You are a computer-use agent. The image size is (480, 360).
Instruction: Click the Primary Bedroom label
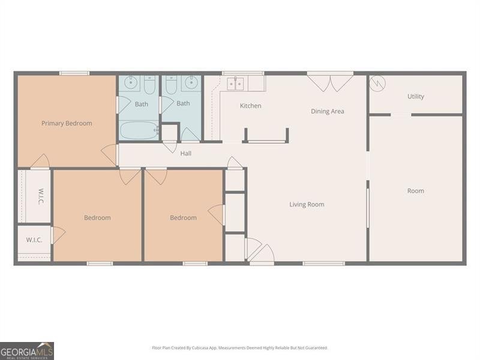67,124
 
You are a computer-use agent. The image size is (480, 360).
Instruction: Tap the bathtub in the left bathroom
139,130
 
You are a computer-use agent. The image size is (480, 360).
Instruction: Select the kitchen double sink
235,84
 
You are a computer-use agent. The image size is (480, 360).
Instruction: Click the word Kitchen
250,106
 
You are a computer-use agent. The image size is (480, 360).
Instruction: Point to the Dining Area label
327,112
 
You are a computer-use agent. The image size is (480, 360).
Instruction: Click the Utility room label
415,97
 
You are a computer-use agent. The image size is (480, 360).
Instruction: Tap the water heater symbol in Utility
377,83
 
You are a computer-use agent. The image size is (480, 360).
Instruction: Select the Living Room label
307,205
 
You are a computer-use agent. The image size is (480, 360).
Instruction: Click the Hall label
186,154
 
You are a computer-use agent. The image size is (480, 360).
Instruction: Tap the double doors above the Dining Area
330,83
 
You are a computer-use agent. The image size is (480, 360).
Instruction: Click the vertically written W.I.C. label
40,196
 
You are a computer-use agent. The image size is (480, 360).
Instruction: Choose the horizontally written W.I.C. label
34,240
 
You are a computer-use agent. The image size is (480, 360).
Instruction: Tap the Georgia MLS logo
27,350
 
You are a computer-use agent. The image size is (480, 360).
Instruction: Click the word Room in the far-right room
415,191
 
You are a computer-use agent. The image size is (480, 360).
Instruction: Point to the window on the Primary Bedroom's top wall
74,73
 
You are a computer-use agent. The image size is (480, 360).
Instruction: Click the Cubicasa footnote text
240,348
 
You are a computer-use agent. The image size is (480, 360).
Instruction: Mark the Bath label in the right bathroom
183,103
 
